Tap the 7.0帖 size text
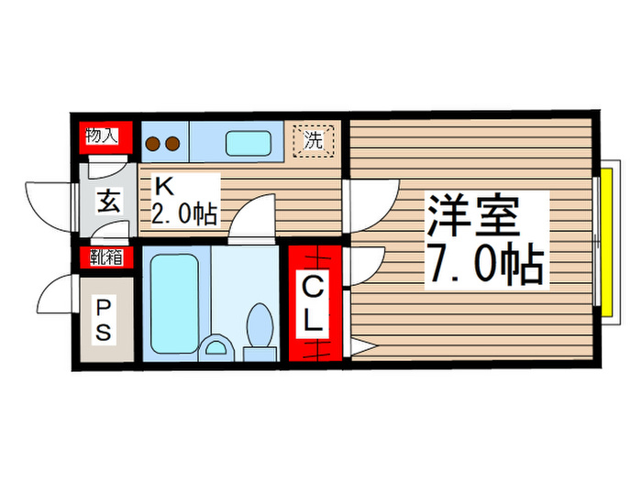point(483,265)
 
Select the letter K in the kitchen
point(163,187)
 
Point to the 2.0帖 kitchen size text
point(184,214)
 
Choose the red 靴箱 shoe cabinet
point(105,257)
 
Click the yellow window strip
point(605,237)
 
